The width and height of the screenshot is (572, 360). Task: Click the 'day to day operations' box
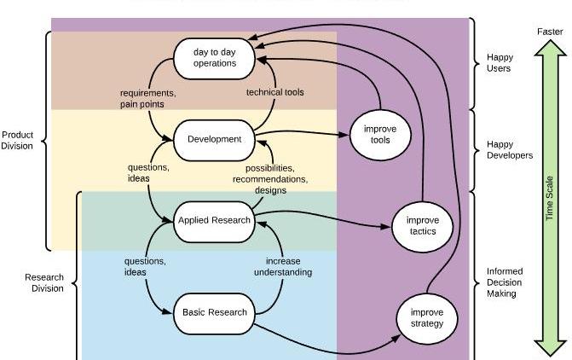pos(216,57)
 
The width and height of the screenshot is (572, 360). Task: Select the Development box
pos(215,139)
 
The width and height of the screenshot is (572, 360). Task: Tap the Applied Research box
pos(215,220)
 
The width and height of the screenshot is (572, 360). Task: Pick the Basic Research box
pos(215,311)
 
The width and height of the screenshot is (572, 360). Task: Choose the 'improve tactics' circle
pos(417,226)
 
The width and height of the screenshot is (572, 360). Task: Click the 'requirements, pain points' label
pos(147,98)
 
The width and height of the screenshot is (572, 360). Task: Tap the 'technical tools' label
pos(274,92)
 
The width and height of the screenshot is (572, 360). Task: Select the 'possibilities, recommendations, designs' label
pos(270,179)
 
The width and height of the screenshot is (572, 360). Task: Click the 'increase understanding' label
pos(283,266)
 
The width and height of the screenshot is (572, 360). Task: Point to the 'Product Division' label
pos(17,140)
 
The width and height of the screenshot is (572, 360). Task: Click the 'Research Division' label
pos(43,282)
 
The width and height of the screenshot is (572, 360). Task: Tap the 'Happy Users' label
pos(500,62)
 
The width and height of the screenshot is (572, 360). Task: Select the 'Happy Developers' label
pos(510,149)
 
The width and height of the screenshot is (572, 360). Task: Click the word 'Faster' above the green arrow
pos(550,32)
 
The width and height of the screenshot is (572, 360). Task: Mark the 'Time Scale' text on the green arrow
pos(550,198)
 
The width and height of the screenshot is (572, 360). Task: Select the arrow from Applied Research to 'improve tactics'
pos(324,224)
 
